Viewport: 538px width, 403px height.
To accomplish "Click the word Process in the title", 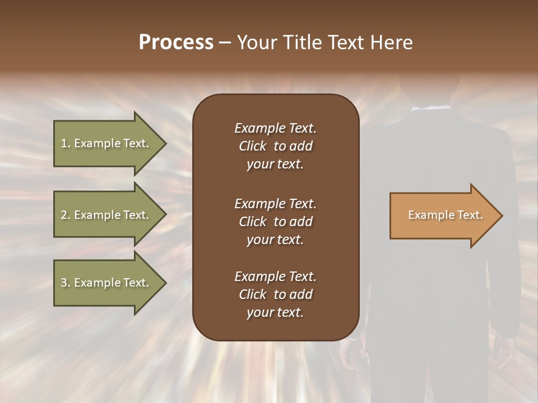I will (x=176, y=43).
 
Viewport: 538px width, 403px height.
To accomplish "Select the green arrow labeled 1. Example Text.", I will (x=106, y=143).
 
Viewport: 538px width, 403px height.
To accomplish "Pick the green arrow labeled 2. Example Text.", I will (x=106, y=215).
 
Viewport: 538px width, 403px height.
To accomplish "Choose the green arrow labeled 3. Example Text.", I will (x=106, y=283).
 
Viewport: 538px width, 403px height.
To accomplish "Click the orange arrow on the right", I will (x=443, y=215).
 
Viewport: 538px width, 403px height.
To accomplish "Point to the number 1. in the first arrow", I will (x=65, y=143).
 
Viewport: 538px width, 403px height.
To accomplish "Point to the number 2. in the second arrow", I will (x=65, y=215).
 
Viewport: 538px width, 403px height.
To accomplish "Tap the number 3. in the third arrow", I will (x=65, y=283).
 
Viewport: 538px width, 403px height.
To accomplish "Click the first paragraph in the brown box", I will (x=275, y=146).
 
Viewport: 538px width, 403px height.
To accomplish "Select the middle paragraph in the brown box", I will (x=275, y=221).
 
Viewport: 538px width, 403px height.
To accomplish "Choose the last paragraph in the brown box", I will (x=275, y=294).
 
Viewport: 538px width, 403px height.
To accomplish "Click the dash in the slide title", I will (x=225, y=43).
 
